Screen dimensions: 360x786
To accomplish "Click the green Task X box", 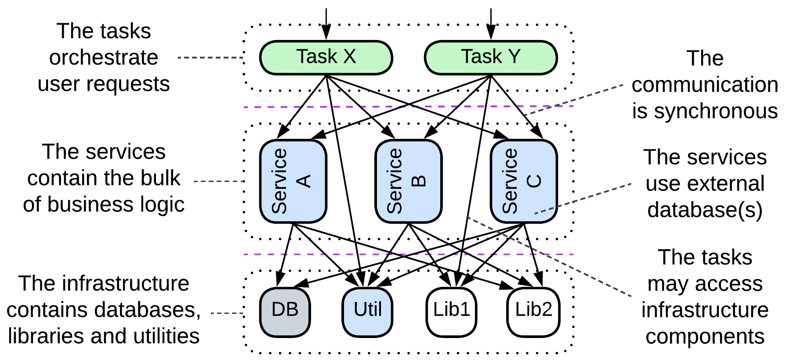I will [x=326, y=58].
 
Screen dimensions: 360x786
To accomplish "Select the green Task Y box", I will [x=490, y=58].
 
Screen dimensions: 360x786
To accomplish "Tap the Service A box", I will [x=293, y=181].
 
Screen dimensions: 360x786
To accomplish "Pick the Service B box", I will [x=408, y=181].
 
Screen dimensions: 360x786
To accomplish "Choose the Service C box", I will [x=524, y=181].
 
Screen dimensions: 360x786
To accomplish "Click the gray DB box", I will [x=285, y=312].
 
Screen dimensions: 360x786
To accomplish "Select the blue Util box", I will [x=367, y=312].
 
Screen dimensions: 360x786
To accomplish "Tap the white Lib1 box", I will [x=451, y=312].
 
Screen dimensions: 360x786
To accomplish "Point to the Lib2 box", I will [x=533, y=312].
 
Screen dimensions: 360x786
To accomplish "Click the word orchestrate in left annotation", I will [x=104, y=58].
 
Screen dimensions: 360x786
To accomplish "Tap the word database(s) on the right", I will [x=705, y=210].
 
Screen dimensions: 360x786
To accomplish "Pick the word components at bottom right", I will [x=705, y=337].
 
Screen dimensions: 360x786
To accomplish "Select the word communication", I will [x=705, y=84].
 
